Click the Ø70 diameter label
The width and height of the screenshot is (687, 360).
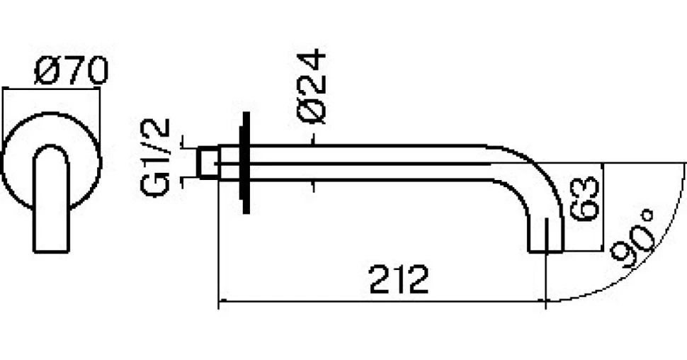pos(71,70)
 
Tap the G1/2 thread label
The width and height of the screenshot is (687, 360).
pos(155,157)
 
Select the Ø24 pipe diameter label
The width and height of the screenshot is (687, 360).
pos(312,86)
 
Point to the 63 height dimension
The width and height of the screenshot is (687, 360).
pos(584,198)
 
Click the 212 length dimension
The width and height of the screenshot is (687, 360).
pos(399,279)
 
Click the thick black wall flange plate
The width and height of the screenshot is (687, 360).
pos(246,163)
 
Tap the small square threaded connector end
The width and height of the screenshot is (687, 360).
pos(208,163)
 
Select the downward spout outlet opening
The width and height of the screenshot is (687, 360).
pos(545,252)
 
